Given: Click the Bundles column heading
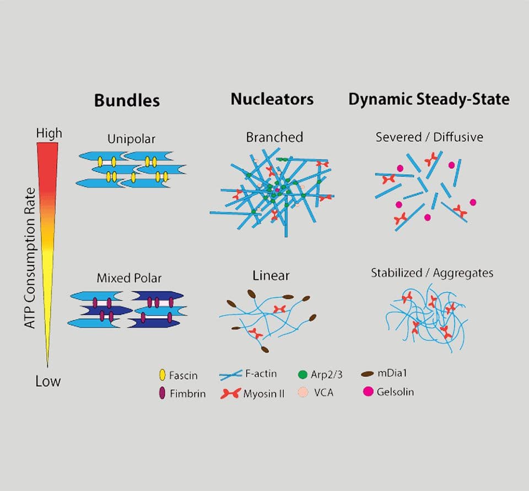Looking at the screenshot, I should (x=127, y=100).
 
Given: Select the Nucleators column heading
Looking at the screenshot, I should (x=272, y=99).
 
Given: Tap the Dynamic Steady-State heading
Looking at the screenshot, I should (x=429, y=99).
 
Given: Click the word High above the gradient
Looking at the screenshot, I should (x=49, y=134).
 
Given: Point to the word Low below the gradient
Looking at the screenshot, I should (x=48, y=381).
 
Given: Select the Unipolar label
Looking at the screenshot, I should (x=132, y=139).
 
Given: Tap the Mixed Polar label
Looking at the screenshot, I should (x=129, y=278).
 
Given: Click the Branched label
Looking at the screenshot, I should (x=274, y=137).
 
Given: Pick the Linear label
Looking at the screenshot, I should (x=271, y=275).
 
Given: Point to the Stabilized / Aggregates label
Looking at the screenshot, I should (x=432, y=273).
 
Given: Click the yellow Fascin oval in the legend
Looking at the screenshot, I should (x=162, y=376).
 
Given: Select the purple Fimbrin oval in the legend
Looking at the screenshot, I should (x=162, y=393).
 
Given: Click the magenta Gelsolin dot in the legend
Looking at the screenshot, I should (x=368, y=392).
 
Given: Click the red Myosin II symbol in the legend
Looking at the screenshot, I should (x=230, y=394).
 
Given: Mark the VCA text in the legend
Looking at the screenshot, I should (x=324, y=393).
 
